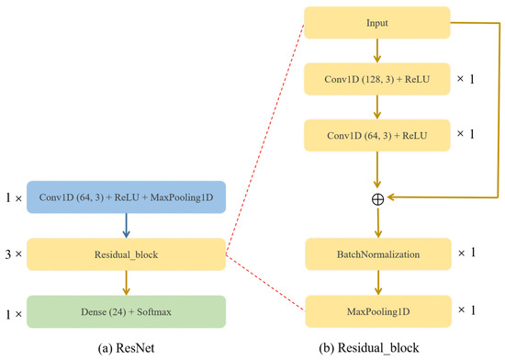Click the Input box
[378, 23]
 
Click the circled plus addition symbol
[378, 197]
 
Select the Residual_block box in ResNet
[126, 253]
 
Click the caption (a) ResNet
[125, 347]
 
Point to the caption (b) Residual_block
[377, 347]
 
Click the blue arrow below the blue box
[126, 226]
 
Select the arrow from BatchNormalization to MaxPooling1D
[378, 284]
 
